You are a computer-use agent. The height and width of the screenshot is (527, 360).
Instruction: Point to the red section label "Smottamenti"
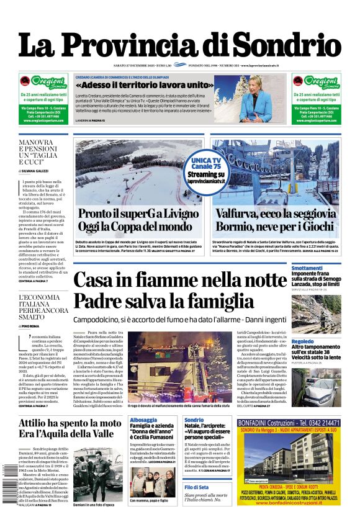tap(307, 268)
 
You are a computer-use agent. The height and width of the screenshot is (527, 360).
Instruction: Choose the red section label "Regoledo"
tap(303, 341)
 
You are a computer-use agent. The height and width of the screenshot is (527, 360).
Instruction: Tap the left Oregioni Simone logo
tap(43, 83)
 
